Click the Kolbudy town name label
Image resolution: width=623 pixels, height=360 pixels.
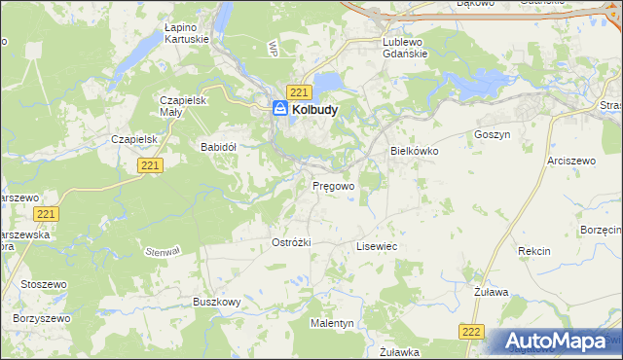[x=314, y=111]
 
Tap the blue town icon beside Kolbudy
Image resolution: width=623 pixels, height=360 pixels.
[x=280, y=110]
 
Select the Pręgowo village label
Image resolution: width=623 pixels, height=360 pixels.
[x=332, y=184]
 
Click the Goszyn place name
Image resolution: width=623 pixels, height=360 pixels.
[x=491, y=135]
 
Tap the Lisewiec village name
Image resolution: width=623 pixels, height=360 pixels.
[x=377, y=247]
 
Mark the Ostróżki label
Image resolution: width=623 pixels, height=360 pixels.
[x=290, y=241]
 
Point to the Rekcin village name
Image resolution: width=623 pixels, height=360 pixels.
[x=533, y=251]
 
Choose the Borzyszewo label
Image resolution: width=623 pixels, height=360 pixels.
[x=42, y=318]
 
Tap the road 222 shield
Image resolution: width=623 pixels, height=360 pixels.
[x=471, y=332]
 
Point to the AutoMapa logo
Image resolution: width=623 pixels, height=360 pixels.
[x=557, y=342]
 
